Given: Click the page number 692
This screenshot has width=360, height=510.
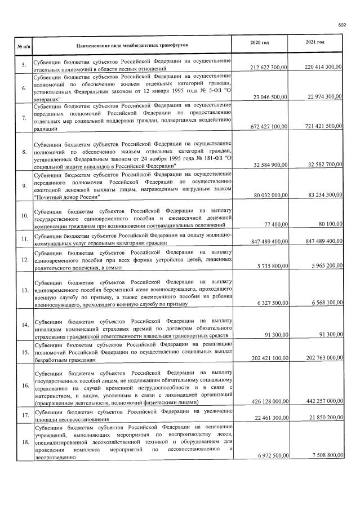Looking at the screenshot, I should pos(341,24).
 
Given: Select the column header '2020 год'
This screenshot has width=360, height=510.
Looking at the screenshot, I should pos(259,43).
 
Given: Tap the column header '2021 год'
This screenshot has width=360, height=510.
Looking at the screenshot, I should pos(315,43).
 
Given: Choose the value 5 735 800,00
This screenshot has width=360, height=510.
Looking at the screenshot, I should pos(267,266).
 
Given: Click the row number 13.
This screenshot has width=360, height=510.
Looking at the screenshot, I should pos(24,290).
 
